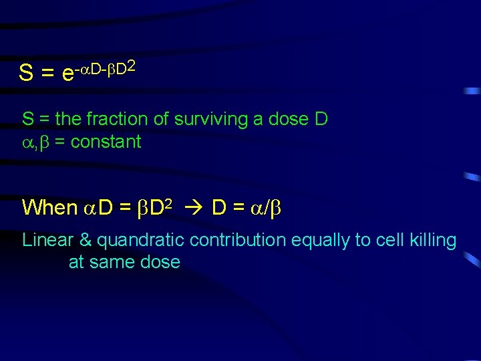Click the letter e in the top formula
click(x=67, y=74)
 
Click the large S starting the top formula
click(x=27, y=73)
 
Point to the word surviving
click(x=208, y=119)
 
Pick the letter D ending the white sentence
click(x=321, y=119)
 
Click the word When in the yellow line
click(x=49, y=207)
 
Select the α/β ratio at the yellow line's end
click(x=268, y=208)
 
